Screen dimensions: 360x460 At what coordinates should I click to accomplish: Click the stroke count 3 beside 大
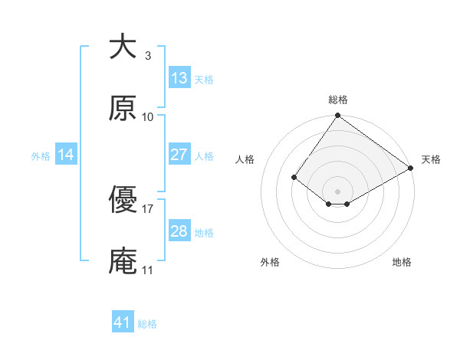[x=147, y=55]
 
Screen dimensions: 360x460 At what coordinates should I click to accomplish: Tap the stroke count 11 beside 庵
[x=147, y=270]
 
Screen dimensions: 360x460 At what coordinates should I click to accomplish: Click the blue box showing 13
[x=179, y=78]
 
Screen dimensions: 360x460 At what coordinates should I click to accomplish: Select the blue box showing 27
[x=179, y=155]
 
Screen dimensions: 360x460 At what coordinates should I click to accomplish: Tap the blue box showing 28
[x=179, y=231]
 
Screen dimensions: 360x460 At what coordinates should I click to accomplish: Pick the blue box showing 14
[x=66, y=155]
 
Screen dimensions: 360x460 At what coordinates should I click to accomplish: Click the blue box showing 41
[x=123, y=323]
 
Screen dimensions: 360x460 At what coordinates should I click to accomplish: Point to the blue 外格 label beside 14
[x=41, y=156]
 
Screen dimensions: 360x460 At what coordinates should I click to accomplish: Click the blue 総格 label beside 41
[x=147, y=324]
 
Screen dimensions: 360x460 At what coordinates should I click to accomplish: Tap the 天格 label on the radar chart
[x=431, y=159]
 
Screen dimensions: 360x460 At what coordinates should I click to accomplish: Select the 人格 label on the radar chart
[x=245, y=159]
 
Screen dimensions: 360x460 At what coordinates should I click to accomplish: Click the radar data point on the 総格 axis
[x=338, y=116]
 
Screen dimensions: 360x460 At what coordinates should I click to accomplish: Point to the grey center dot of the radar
[x=338, y=191]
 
